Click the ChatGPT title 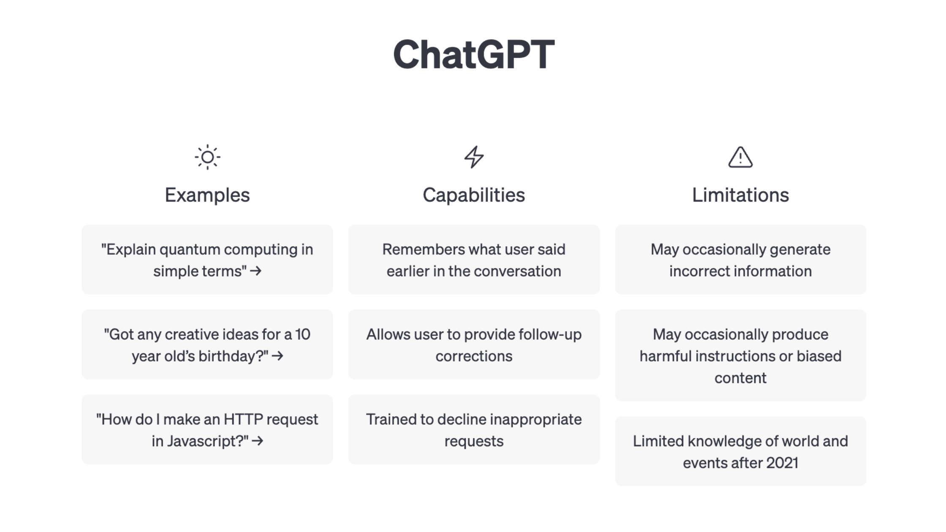(473, 54)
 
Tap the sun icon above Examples (207, 157)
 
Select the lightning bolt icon (474, 157)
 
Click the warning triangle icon (740, 157)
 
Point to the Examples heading (207, 195)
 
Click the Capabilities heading (474, 195)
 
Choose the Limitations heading (740, 195)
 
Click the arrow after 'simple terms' (256, 271)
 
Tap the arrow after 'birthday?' (277, 356)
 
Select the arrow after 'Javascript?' (257, 441)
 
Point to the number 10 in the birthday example (303, 334)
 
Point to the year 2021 (782, 463)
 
